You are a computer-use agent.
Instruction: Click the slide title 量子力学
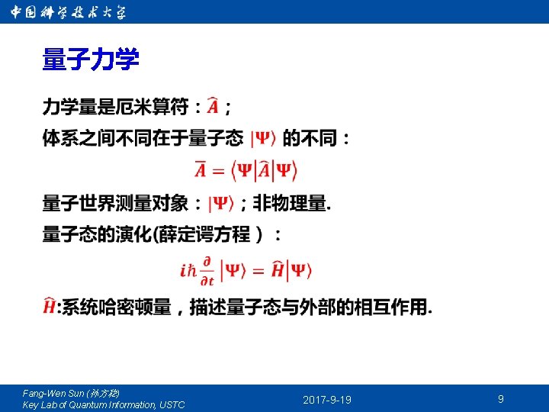point(91,60)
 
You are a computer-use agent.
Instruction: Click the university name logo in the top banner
point(69,12)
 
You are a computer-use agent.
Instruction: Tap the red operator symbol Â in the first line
point(216,107)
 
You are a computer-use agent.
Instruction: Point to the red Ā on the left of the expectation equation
point(201,170)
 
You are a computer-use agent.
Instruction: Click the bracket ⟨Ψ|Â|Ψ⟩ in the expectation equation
point(264,170)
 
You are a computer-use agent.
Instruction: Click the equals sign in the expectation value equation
point(218,171)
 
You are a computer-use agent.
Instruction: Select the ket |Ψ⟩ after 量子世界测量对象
point(221,204)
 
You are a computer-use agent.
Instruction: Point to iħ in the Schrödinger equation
point(188,271)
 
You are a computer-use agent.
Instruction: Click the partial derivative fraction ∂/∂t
point(207,271)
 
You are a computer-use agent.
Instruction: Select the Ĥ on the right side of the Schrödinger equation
point(278,270)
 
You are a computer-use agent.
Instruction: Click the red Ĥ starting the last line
point(50,307)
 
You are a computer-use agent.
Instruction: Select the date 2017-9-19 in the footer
point(327,400)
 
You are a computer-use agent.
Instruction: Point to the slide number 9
point(500,399)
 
